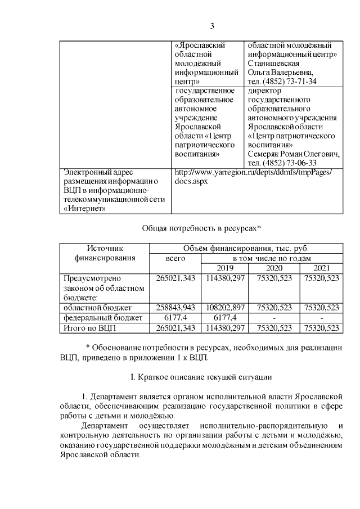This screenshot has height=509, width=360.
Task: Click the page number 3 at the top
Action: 212,25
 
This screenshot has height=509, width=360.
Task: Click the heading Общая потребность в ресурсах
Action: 199,228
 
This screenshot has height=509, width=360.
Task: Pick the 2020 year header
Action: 273,268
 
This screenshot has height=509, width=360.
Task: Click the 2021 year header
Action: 321,268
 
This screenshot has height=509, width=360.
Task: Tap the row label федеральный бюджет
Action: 98,317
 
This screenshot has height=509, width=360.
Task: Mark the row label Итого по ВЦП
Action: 91,327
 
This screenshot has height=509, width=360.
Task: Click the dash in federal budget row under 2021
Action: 321,317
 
